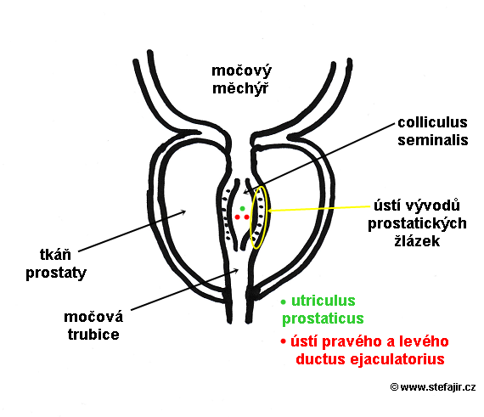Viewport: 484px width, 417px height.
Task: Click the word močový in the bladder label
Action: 241,71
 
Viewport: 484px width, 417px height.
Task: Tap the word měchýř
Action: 240,88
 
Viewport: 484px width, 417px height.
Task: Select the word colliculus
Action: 432,122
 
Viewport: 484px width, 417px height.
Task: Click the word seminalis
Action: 433,140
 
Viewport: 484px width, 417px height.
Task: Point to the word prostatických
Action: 417,223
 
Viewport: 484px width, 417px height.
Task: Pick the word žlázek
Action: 417,240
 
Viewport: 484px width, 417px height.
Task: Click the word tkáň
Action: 55,255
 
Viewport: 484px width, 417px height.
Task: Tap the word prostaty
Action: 56,273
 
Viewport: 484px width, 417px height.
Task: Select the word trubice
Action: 93,335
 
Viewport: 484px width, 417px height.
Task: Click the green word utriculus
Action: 324,301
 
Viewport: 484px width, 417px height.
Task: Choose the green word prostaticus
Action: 323,318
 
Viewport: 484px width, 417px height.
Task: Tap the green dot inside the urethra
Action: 242,209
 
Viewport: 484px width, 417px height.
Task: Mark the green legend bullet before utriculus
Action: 284,302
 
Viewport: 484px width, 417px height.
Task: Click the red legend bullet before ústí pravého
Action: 283,341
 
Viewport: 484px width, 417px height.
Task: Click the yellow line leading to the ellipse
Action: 319,209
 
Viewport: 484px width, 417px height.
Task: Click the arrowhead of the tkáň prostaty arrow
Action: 184,211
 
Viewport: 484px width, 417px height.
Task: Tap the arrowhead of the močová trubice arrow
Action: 236,271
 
